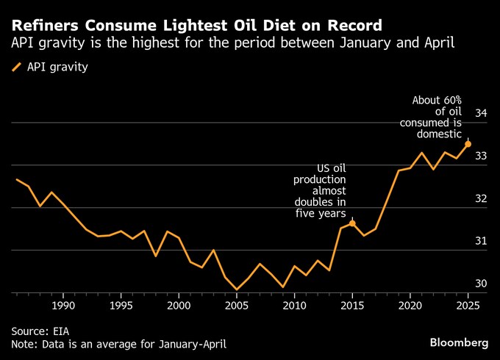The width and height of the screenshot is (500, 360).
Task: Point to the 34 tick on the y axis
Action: (x=481, y=113)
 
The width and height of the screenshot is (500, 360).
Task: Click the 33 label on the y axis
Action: (x=481, y=156)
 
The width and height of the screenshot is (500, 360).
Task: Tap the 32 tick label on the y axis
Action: (x=481, y=198)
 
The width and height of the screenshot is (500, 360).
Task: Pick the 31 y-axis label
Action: (x=481, y=241)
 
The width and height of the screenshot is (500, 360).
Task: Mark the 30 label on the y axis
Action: (x=481, y=284)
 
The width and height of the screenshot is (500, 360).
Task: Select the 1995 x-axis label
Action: (x=121, y=304)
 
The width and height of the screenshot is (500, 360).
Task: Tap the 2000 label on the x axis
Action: (x=179, y=304)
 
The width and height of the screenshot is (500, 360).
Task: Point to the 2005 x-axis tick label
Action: (x=237, y=304)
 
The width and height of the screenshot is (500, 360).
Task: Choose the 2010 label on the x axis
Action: (x=294, y=304)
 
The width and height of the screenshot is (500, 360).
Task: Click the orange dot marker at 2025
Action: (x=468, y=144)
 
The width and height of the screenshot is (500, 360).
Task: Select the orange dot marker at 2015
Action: (x=352, y=223)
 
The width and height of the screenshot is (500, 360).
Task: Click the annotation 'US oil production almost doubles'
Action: (x=320, y=190)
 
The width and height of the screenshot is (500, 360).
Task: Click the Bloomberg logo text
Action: (x=458, y=343)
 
